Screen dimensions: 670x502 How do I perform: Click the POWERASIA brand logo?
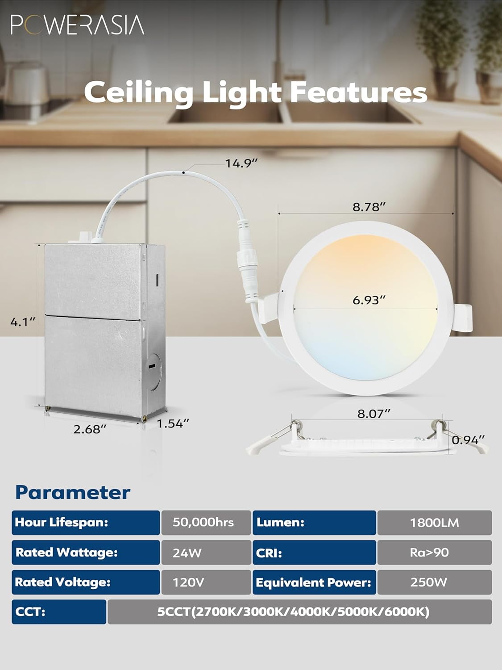pos(77,25)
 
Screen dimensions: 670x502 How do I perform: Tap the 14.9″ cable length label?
pos(241,163)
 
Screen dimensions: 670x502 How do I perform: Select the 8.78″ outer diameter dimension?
pos(369,207)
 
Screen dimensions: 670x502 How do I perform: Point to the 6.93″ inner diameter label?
pos(369,300)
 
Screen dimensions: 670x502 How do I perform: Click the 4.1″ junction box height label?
pos(22,322)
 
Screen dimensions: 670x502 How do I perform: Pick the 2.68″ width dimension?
pos(90,429)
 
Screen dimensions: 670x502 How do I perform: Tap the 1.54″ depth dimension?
pos(173,423)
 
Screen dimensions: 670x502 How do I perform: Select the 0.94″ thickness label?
pos(468,440)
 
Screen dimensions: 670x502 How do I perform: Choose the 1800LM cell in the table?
pos(434,523)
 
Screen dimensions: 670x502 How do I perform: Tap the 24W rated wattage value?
pos(187,553)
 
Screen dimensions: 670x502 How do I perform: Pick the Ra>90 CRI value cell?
pos(429,553)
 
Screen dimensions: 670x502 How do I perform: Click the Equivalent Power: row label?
pos(314,582)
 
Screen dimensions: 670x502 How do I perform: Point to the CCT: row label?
pos(31,611)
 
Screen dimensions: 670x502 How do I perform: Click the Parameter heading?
pos(73,492)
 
